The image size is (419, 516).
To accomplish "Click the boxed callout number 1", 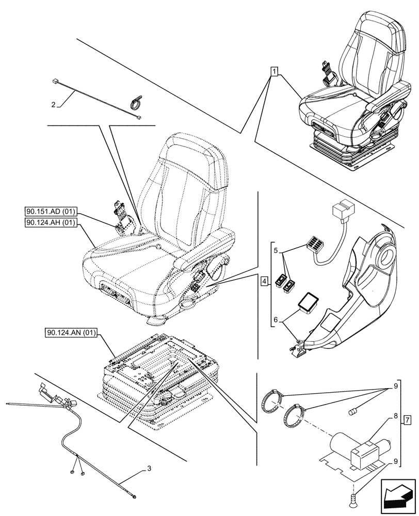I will coord(274,72).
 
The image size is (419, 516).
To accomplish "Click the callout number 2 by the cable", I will coord(54,105).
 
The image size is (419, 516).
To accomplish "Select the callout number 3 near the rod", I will coord(149,469).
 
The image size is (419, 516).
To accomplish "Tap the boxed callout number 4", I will coord(264,282).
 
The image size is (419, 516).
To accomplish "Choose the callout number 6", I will coord(277,320).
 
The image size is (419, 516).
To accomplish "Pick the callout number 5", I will coord(277,250).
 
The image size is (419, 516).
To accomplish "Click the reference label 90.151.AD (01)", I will coord(51,212).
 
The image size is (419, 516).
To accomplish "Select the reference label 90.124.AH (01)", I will coord(51,223).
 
